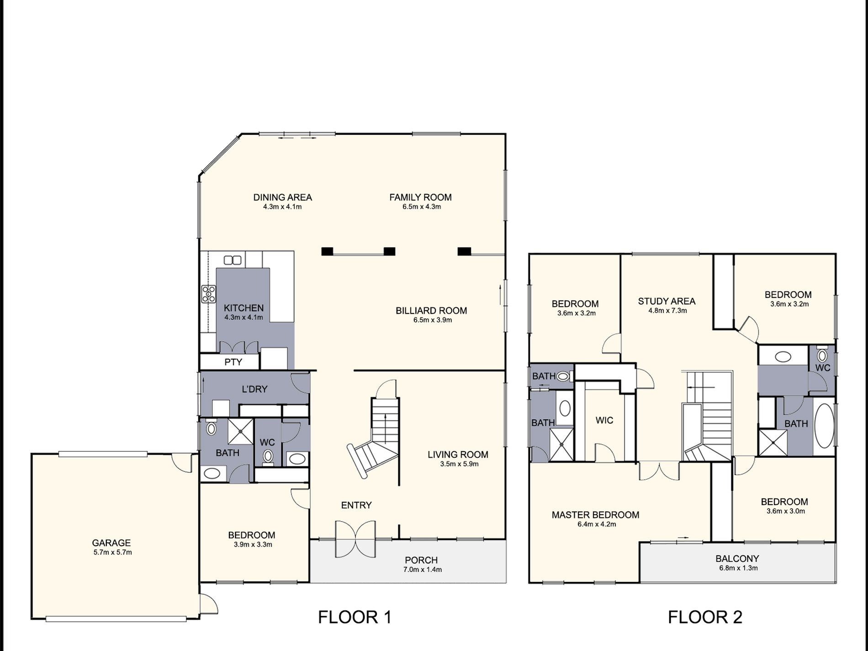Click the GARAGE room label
tap(111, 543)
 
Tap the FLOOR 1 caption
tap(355, 617)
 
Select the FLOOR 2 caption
tap(705, 617)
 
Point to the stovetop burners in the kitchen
tap(208, 294)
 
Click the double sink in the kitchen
tap(233, 260)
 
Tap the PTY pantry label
tap(233, 362)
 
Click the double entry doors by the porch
tap(355, 539)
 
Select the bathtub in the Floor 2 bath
tap(824, 425)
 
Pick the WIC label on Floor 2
tap(604, 420)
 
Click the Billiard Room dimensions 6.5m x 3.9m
tap(433, 320)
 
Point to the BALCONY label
tap(737, 559)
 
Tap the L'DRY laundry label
tap(254, 389)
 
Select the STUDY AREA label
tap(667, 302)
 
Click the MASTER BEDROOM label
tap(595, 515)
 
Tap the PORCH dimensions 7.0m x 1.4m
tap(423, 570)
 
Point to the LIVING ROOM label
tap(458, 455)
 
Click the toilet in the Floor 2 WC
tap(822, 355)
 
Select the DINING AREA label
tap(283, 197)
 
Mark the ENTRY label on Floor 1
tap(356, 505)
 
